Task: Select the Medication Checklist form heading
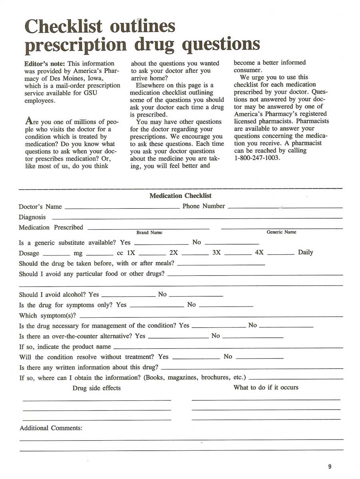pos(180,196)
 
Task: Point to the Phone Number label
pos(203,206)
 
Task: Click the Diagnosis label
pos(32,217)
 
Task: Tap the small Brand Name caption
pos(149,233)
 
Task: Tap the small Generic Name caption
pos(281,232)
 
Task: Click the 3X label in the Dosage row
pos(216,253)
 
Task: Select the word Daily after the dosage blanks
pos(305,252)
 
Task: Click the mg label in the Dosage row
pos(78,253)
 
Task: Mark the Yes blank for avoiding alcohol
pos(128,296)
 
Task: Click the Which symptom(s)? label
pos(48,316)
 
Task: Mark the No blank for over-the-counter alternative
pos(252,338)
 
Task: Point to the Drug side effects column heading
pos(96,388)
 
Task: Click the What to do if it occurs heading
pos(266,387)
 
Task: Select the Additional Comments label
pos(51,428)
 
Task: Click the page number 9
pos(330,467)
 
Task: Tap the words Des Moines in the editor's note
pos(66,78)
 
